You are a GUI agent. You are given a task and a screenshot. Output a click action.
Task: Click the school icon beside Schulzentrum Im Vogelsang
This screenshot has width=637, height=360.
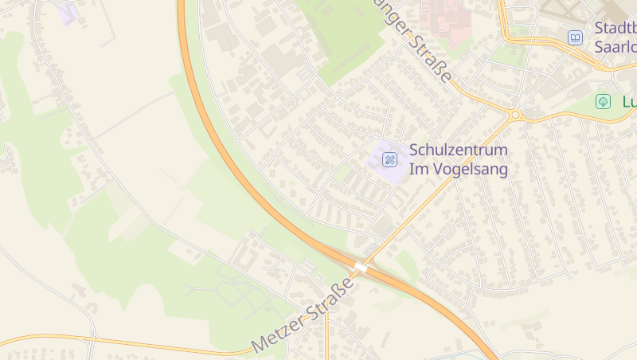click(389, 159)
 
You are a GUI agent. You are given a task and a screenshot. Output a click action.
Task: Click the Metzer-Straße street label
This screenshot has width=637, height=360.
click(303, 315)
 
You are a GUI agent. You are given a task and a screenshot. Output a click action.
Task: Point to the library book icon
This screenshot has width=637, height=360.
click(575, 37)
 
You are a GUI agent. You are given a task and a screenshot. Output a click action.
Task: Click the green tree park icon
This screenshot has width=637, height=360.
click(603, 102)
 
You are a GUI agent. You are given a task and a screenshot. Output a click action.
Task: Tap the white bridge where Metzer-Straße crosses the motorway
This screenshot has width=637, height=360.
click(361, 268)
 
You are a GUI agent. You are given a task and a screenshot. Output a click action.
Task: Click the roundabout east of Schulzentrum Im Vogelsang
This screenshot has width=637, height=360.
click(515, 115)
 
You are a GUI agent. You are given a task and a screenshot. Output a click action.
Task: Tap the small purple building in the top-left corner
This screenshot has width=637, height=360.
click(68, 13)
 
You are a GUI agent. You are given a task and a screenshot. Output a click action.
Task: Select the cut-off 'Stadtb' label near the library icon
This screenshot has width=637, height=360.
click(615, 29)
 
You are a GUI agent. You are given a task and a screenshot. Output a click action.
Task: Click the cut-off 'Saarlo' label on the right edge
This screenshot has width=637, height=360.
click(615, 45)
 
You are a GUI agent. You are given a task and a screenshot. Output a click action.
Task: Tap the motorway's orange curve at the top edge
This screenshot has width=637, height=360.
click(182, 6)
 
